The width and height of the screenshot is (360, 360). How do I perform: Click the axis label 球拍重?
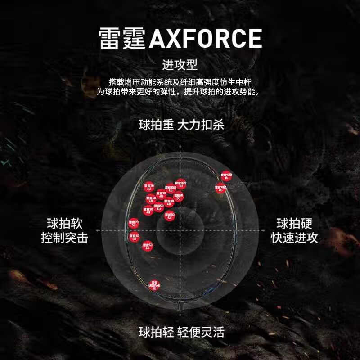(x=156, y=125)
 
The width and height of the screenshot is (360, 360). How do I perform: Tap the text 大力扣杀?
(x=201, y=125)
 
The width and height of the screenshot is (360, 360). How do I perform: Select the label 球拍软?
(x=64, y=224)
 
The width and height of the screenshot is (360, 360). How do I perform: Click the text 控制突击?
(x=64, y=238)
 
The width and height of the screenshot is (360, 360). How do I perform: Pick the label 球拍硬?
(x=294, y=224)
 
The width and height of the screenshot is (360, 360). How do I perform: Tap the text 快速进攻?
(x=294, y=238)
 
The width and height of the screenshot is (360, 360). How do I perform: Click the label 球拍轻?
(x=156, y=333)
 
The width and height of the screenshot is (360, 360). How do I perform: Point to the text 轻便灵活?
(x=201, y=333)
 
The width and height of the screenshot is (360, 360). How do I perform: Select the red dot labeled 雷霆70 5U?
(x=134, y=224)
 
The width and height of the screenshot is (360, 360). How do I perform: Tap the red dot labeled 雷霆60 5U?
(x=134, y=237)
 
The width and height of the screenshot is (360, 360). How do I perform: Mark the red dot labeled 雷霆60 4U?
(x=151, y=199)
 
